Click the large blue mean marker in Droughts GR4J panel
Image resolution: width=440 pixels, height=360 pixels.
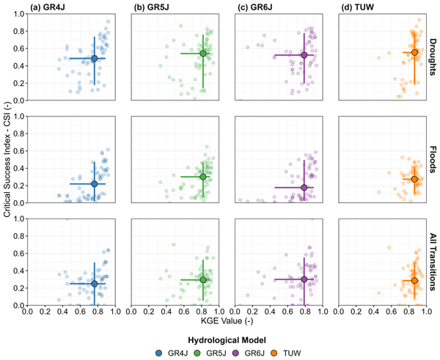[x=94, y=58]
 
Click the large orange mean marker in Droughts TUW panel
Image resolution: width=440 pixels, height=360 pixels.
[x=414, y=53]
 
